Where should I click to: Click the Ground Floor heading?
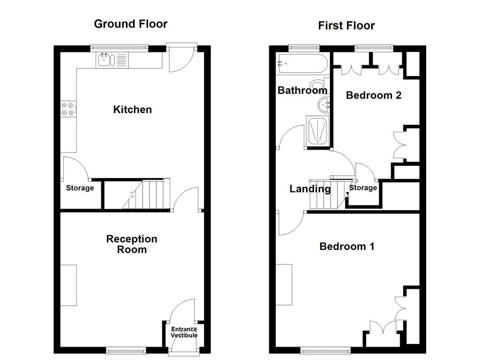(130, 24)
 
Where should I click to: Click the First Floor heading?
(346, 26)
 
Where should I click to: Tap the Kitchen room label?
(133, 110)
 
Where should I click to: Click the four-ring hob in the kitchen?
(67, 109)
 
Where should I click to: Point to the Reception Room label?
(132, 244)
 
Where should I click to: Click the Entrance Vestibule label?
(184, 332)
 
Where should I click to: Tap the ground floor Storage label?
(80, 188)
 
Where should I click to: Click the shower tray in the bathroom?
(318, 131)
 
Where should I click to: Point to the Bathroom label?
(302, 90)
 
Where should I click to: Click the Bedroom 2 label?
(374, 95)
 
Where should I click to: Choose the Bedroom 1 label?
(347, 247)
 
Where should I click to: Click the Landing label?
(310, 189)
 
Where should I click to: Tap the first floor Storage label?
(363, 188)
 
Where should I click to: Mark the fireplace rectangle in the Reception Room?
(68, 285)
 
